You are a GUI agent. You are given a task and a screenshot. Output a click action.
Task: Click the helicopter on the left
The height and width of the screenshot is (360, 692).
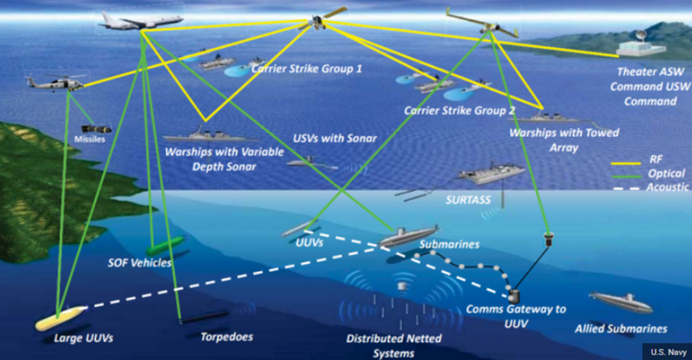point(56,83)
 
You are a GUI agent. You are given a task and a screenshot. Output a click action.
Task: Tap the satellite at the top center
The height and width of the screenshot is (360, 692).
point(318,22)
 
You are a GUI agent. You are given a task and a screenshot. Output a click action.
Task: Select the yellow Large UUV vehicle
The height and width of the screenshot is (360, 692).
point(59,317)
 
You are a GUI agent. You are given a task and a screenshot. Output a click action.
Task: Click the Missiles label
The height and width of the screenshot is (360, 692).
point(89,140)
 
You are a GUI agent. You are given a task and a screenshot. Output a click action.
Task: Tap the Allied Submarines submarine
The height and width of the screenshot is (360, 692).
point(620,299)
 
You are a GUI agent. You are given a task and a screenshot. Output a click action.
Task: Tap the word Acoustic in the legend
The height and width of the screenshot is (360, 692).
point(668,187)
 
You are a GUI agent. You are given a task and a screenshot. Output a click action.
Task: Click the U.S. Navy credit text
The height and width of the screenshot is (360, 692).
point(667,351)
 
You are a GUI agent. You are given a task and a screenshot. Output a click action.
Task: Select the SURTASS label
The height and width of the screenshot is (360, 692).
point(468,200)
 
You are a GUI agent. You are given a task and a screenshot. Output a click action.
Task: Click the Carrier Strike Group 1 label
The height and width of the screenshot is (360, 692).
point(306,69)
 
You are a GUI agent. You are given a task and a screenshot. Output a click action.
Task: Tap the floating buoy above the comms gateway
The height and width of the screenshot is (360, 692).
point(548,239)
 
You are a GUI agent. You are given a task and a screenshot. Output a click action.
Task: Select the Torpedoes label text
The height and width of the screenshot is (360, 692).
point(226,336)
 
